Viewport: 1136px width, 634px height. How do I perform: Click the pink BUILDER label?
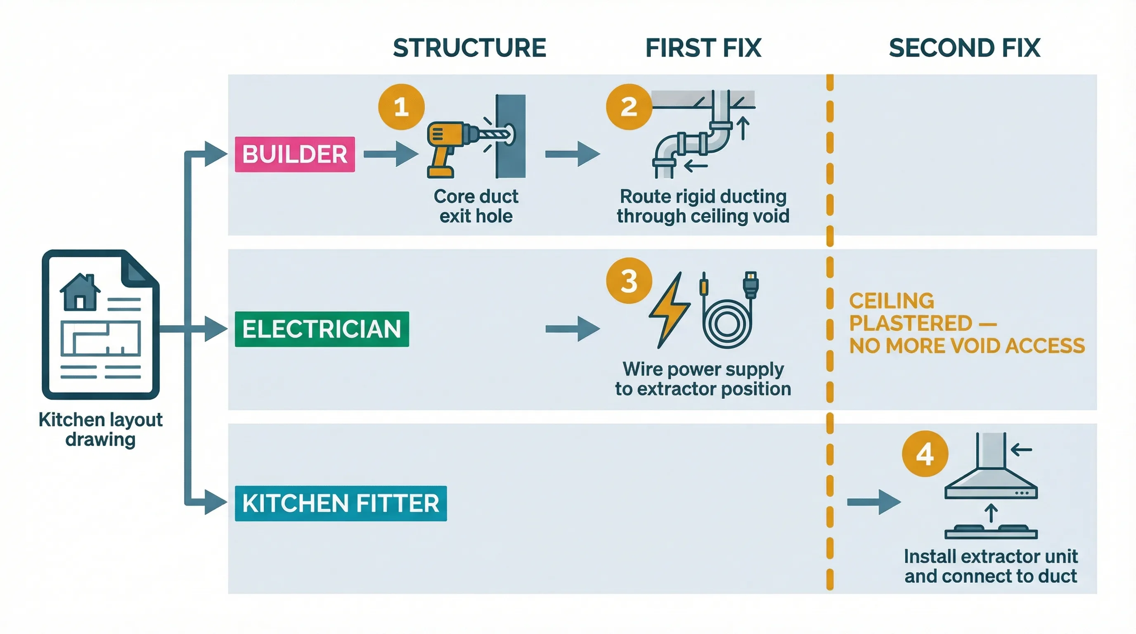295,154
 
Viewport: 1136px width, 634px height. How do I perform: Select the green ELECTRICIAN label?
322,329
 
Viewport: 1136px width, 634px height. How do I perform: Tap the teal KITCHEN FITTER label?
341,504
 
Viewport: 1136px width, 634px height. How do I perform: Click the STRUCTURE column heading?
469,48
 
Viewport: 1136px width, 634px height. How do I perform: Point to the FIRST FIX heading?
703,48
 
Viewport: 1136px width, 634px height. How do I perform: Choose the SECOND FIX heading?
964,48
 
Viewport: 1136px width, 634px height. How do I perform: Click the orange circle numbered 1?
401,106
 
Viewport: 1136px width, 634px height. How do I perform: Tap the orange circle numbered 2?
629,106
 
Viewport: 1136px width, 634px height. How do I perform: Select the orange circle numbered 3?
629,281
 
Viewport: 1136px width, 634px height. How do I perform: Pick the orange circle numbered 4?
925,454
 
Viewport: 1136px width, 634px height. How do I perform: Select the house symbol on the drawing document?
80,292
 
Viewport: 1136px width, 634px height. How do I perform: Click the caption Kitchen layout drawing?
101,429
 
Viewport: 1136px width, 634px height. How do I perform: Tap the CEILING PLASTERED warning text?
966,324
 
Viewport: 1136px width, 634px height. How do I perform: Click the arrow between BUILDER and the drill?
390,154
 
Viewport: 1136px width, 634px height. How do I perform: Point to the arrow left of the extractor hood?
873,502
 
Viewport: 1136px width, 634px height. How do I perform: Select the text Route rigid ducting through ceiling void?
703,206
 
